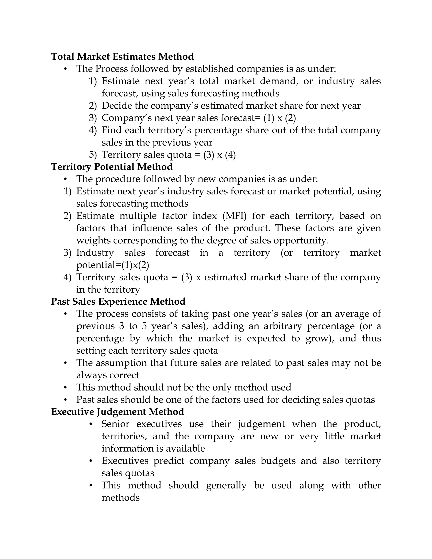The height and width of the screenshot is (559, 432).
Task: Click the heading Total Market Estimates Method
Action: pos(122,57)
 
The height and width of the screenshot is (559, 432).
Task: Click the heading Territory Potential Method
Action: pos(112,167)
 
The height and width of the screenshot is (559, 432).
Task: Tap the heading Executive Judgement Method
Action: pos(117,412)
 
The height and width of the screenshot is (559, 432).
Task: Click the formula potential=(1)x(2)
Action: pos(113,265)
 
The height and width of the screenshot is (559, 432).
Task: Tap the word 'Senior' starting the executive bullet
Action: pos(115,424)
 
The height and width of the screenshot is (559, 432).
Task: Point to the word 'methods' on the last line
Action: pos(120,498)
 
